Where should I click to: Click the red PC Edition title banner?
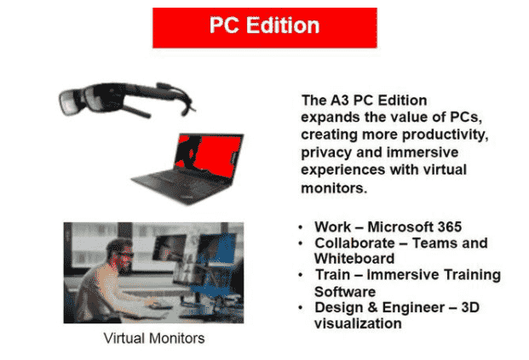click(264, 27)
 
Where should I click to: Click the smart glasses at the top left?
click(127, 100)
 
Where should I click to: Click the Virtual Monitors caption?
click(154, 338)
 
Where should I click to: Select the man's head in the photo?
click(120, 254)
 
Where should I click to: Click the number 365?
click(450, 226)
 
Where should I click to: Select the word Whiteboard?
click(354, 259)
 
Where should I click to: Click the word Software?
click(345, 292)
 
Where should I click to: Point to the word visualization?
click(358, 323)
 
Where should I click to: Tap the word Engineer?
click(416, 307)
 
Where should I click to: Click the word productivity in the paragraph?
click(446, 134)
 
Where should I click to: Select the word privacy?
click(326, 152)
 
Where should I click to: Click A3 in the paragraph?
click(339, 100)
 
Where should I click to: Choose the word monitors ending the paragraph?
click(334, 188)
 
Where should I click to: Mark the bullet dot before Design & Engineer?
click(301, 308)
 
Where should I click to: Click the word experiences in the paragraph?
click(343, 170)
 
